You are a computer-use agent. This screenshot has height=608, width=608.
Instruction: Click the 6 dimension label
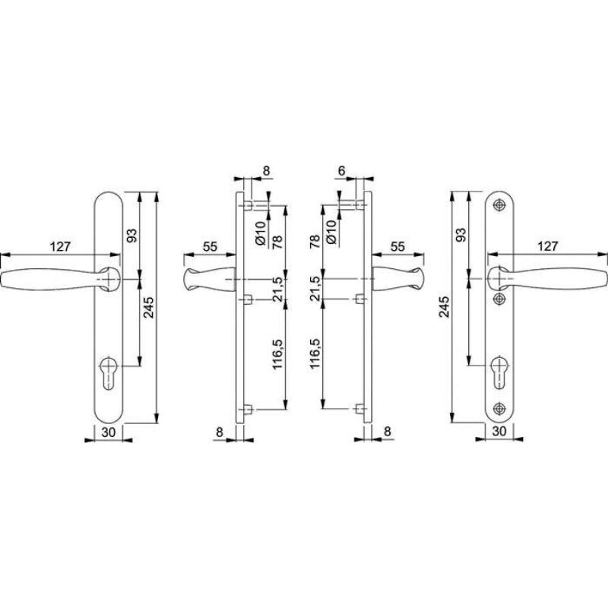tap(341, 170)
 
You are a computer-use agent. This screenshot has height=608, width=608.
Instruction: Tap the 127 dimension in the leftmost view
tap(60, 246)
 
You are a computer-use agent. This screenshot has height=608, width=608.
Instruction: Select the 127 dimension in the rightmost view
tap(547, 246)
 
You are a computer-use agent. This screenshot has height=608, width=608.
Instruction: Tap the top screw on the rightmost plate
tap(500, 205)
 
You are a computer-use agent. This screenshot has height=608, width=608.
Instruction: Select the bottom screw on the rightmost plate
tap(500, 408)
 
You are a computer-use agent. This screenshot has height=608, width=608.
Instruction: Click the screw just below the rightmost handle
tap(500, 298)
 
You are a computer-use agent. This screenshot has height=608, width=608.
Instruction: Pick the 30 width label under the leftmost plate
tap(109, 432)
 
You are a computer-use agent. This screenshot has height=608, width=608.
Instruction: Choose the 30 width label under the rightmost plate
tap(499, 431)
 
